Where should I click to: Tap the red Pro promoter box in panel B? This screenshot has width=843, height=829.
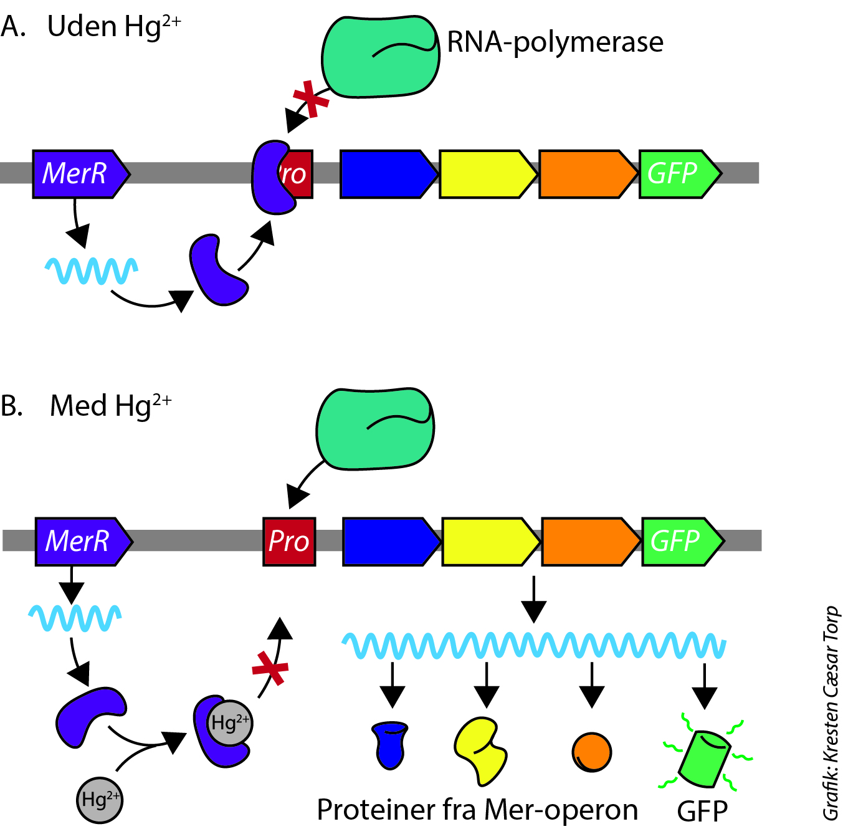click(x=289, y=541)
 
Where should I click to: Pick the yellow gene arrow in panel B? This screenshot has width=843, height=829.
click(x=489, y=541)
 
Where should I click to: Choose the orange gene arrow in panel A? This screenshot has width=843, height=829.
click(x=586, y=174)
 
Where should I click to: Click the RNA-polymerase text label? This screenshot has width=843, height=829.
click(x=555, y=42)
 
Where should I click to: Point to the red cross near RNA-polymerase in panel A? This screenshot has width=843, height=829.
click(x=310, y=98)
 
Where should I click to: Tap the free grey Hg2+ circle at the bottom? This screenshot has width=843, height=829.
click(x=100, y=800)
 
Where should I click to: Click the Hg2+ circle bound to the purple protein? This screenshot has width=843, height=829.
click(x=229, y=723)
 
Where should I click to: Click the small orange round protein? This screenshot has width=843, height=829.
click(x=591, y=752)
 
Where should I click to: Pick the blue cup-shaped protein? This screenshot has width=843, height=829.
click(x=390, y=745)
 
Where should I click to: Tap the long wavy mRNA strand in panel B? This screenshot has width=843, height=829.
click(x=534, y=645)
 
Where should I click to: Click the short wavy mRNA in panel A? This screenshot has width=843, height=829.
click(x=92, y=271)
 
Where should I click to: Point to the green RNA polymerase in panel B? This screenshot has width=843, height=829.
click(x=374, y=429)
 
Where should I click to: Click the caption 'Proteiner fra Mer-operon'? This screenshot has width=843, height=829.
click(x=477, y=810)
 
